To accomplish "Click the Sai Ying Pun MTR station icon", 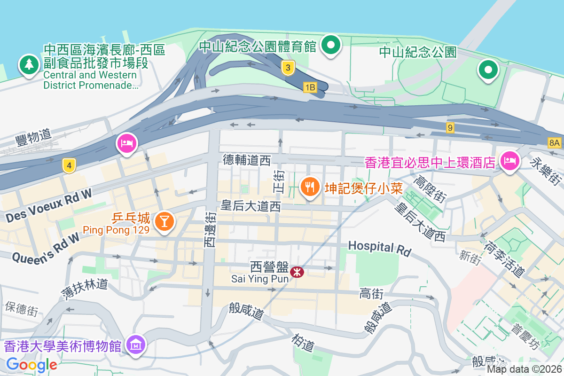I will coord(297,272).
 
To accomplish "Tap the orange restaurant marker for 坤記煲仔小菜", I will coord(309,187).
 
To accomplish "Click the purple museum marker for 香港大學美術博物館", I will coord(136,345).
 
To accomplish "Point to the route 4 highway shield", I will coord(69,165).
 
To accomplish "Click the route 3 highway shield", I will coord(288,68).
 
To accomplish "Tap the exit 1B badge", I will coord(310,87).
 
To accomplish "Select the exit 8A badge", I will coord(555,142).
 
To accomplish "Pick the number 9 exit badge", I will coord(450,127).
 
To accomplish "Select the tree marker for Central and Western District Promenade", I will coord(29,64).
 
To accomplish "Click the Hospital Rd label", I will coord(379,248).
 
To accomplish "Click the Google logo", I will coord(32,364).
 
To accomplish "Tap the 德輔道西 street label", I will coord(247,161).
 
